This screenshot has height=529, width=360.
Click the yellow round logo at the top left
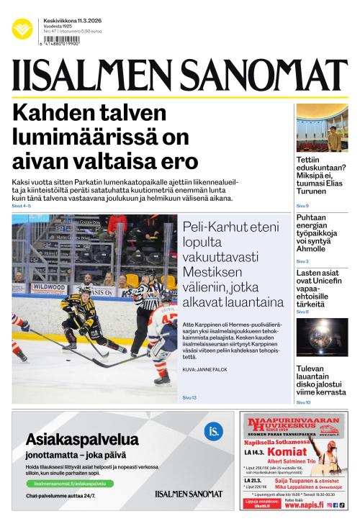(x=22, y=29)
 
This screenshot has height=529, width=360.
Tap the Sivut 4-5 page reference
(x=22, y=206)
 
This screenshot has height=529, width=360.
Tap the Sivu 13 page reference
(x=189, y=397)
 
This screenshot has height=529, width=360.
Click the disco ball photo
(x=322, y=338)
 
